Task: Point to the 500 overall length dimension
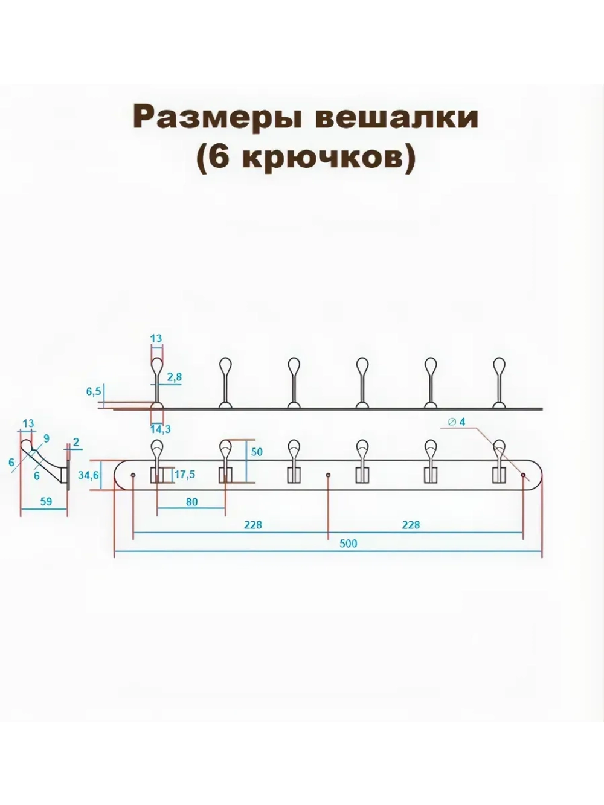[348, 544]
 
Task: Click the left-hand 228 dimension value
[252, 525]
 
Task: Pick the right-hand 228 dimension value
[410, 525]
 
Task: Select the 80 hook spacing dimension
[191, 502]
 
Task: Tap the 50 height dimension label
[257, 452]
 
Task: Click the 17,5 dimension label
[184, 475]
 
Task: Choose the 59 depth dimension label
[45, 502]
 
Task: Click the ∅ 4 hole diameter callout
[457, 422]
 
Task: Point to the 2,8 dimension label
[174, 377]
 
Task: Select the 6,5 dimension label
[94, 391]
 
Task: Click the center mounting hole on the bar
[328, 475]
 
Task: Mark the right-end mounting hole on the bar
[523, 475]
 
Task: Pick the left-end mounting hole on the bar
[133, 475]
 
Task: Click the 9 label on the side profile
[47, 438]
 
